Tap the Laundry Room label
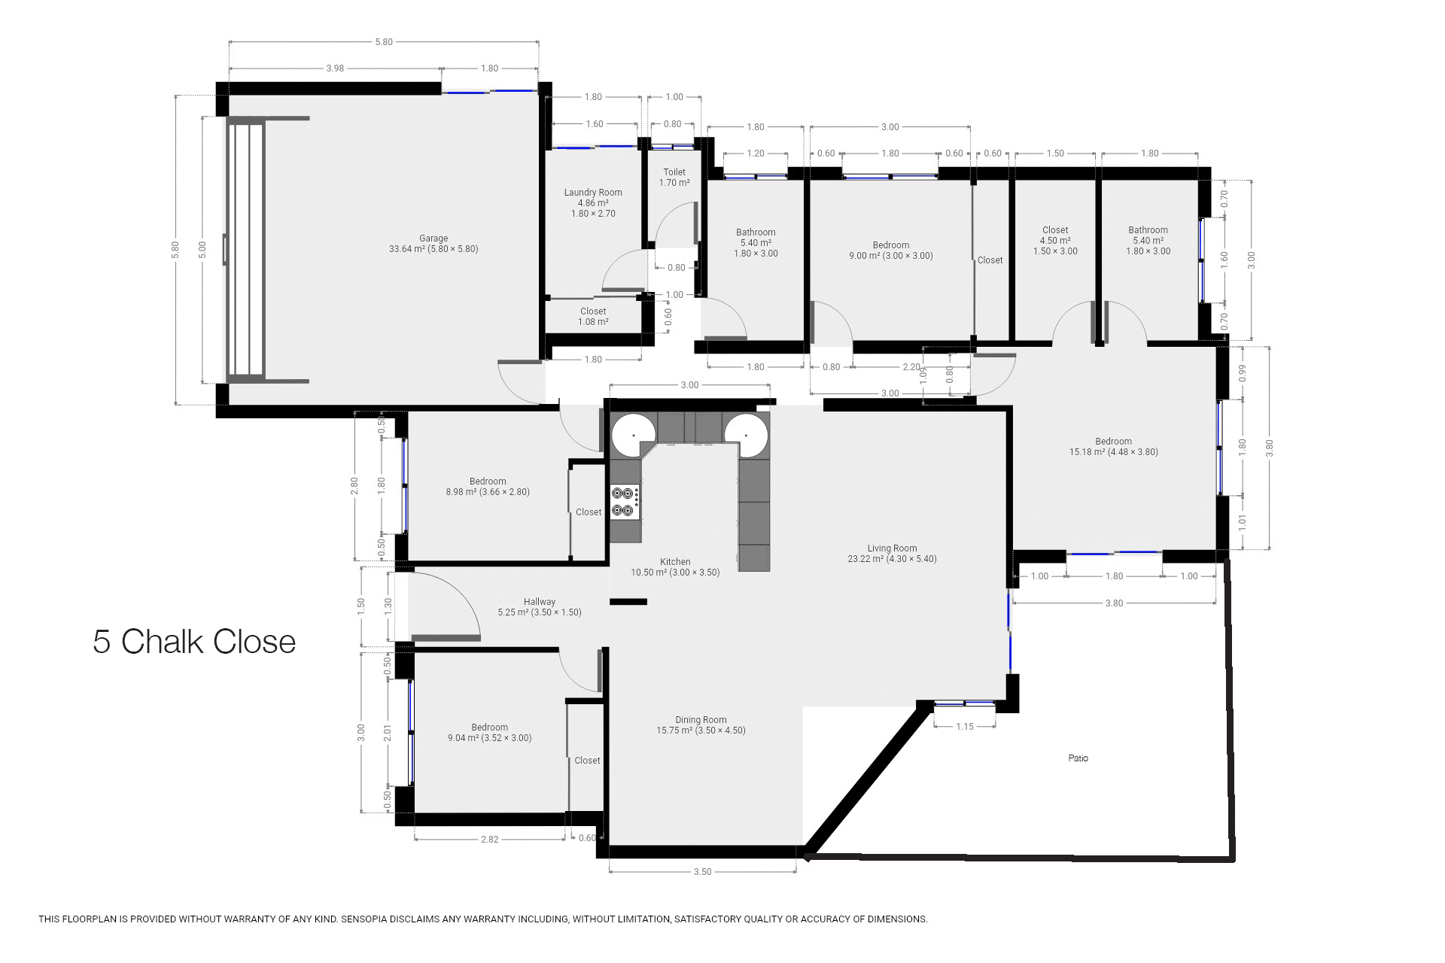tap(593, 203)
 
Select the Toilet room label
tap(674, 178)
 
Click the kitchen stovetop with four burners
tap(625, 502)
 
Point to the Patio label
tap(1078, 758)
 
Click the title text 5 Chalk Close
tap(194, 642)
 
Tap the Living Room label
tap(892, 554)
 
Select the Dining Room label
tap(701, 725)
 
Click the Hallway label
tap(540, 607)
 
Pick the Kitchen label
tap(675, 567)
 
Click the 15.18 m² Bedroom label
tap(1113, 447)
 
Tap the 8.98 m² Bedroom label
tap(488, 487)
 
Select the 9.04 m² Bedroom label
tap(489, 733)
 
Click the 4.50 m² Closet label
tap(1055, 241)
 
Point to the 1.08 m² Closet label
tap(593, 317)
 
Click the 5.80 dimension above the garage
tap(384, 42)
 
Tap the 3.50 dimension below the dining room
tap(702, 872)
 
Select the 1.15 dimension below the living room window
tap(965, 727)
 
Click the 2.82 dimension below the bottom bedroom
tap(489, 840)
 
